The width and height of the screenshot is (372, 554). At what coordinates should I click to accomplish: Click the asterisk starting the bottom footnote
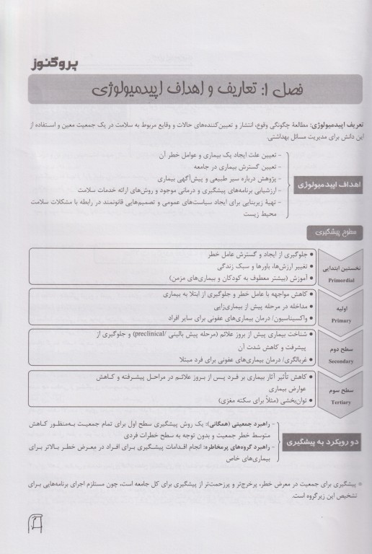pos(358,486)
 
